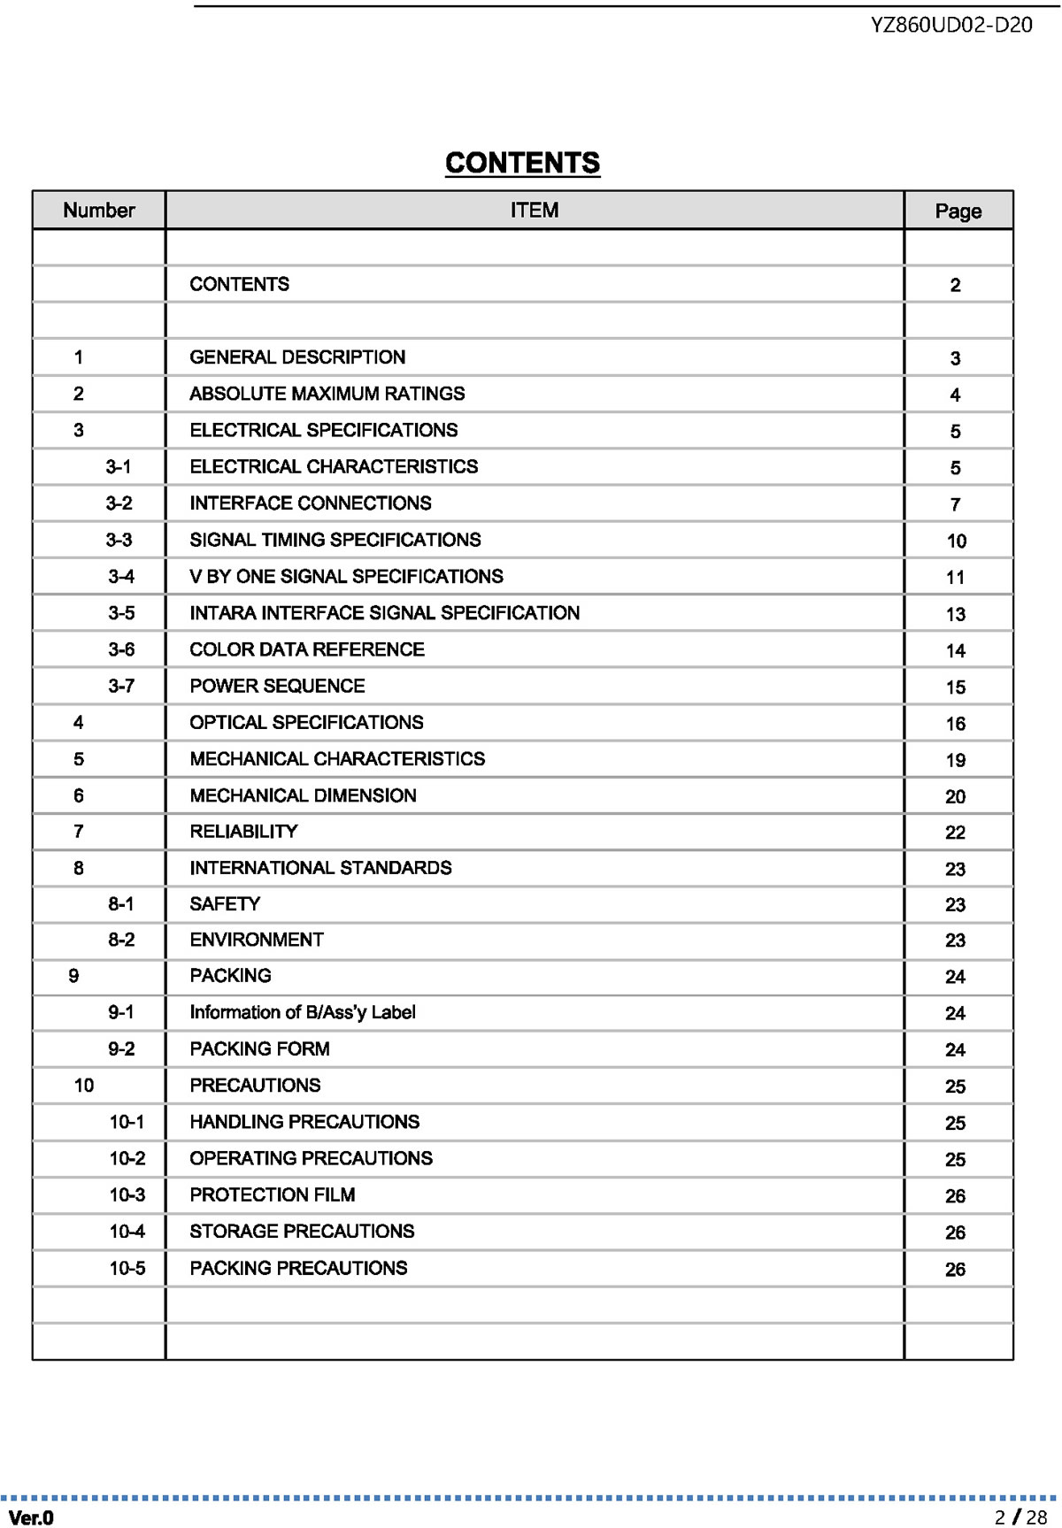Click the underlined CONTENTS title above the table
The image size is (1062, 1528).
[x=522, y=163]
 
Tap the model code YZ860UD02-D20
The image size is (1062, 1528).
[x=951, y=25]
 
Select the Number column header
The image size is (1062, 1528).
[x=99, y=211]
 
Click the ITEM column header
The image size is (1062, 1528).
[x=535, y=211]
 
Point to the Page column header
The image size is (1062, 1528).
[x=958, y=211]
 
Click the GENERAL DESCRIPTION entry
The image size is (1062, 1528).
[x=297, y=357]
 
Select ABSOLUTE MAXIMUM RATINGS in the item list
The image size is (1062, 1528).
[x=327, y=394]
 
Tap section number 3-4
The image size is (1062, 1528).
[x=121, y=577]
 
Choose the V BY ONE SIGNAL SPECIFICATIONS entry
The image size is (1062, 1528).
[x=346, y=577]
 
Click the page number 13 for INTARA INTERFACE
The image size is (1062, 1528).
[x=955, y=614]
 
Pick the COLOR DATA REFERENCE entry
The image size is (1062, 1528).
[x=307, y=649]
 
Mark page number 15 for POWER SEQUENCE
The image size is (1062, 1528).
[x=955, y=687]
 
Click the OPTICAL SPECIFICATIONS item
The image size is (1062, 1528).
[x=306, y=723]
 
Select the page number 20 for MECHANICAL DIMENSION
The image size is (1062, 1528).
[x=955, y=796]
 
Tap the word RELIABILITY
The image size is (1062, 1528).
[x=243, y=832]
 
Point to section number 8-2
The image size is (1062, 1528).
[x=121, y=940]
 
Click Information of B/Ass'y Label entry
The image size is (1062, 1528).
[x=302, y=1012]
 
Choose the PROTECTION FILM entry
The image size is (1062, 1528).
[x=273, y=1195]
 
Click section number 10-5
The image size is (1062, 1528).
[x=127, y=1268]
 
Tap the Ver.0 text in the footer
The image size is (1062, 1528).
[x=32, y=1518]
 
